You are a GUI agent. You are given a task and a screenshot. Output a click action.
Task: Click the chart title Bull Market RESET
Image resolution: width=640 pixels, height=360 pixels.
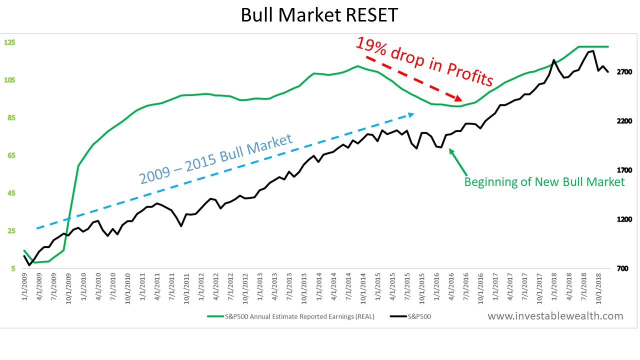[x=319, y=15]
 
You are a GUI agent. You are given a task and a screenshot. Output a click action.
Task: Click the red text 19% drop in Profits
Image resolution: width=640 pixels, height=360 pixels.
[x=424, y=61]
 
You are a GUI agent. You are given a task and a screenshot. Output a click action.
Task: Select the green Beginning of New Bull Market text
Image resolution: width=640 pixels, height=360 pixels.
[x=544, y=181]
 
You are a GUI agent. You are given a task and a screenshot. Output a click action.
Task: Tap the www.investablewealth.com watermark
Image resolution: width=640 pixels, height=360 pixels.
[x=555, y=316]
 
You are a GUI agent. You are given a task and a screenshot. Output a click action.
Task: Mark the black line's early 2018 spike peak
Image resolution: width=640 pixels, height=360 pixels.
[x=553, y=60]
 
